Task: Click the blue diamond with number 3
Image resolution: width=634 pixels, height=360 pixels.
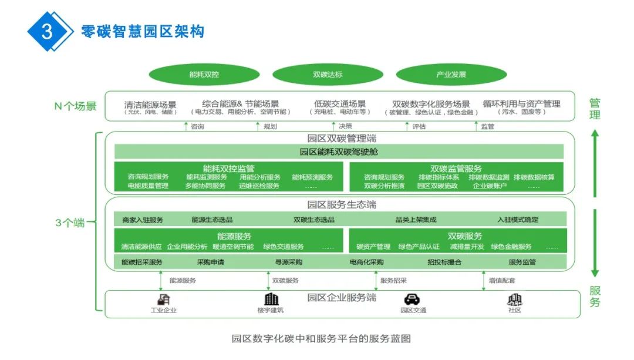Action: (x=48, y=31)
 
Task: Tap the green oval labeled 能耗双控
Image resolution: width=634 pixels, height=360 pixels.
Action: (x=204, y=75)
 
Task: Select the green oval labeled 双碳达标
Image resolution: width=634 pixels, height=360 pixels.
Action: (x=328, y=75)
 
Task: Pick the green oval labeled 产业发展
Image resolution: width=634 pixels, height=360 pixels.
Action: (x=451, y=75)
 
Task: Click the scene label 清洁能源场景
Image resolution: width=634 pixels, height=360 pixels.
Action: (x=150, y=104)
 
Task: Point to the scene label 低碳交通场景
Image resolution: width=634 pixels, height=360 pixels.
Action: (x=339, y=104)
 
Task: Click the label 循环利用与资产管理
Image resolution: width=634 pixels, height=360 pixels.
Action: (x=521, y=104)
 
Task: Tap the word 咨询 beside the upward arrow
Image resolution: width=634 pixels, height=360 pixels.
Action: (x=198, y=126)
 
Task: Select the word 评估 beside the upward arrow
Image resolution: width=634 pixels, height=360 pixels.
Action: (x=419, y=126)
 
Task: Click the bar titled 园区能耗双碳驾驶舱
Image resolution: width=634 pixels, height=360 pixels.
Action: (x=339, y=152)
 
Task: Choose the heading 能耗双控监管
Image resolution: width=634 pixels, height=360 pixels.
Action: (x=229, y=169)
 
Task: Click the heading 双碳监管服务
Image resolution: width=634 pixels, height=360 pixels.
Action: (x=456, y=169)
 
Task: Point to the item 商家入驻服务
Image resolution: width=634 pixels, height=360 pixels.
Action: (x=143, y=220)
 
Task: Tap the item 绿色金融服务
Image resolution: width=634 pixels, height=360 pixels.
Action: (x=511, y=247)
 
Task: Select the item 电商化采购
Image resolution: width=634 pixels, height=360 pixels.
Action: (x=366, y=263)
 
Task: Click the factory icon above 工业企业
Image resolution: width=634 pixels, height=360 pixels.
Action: (x=163, y=300)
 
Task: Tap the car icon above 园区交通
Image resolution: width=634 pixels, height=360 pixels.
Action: (x=413, y=300)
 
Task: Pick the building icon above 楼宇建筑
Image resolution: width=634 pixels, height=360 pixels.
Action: (x=271, y=300)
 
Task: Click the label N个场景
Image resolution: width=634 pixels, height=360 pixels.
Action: (x=75, y=106)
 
